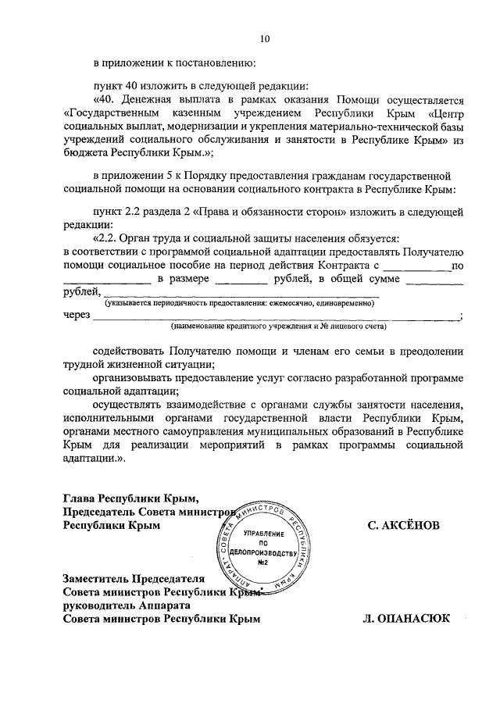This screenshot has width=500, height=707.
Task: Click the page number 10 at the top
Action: pyautogui.click(x=264, y=38)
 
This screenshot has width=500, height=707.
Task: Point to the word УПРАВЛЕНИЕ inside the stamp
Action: pyautogui.click(x=263, y=533)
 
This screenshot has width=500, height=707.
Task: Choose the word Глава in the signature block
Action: pyautogui.click(x=80, y=498)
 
